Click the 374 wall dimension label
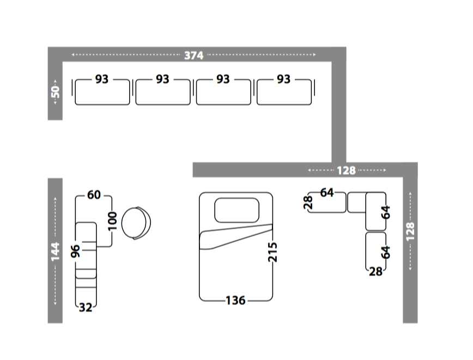pyautogui.click(x=193, y=56)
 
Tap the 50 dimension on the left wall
pyautogui.click(x=56, y=92)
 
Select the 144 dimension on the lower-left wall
pyautogui.click(x=55, y=252)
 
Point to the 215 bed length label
pyautogui.click(x=272, y=252)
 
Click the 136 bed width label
pyautogui.click(x=235, y=300)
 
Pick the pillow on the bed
pyautogui.click(x=237, y=210)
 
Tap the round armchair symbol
pyautogui.click(x=136, y=223)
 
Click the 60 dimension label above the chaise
pyautogui.click(x=94, y=195)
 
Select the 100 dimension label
pyautogui.click(x=112, y=221)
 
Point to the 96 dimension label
pyautogui.click(x=75, y=251)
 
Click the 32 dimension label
pyautogui.click(x=86, y=308)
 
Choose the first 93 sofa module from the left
pyautogui.click(x=102, y=92)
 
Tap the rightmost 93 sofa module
pyautogui.click(x=284, y=92)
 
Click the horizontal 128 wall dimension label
pyautogui.click(x=347, y=170)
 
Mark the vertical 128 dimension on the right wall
pyautogui.click(x=410, y=231)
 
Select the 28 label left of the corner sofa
pyautogui.click(x=308, y=203)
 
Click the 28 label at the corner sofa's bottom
pyautogui.click(x=375, y=272)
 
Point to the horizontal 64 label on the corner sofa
pyautogui.click(x=327, y=193)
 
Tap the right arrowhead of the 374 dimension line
pyautogui.click(x=314, y=54)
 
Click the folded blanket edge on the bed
pyautogui.click(x=236, y=237)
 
